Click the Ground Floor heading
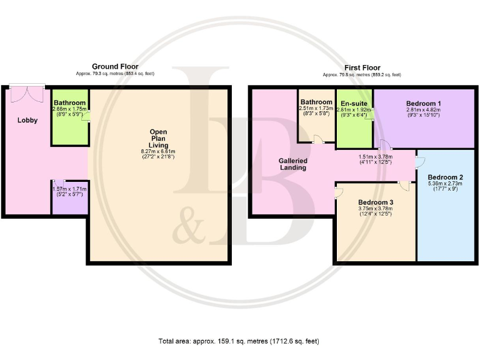coord(115,66)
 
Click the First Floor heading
coord(362,67)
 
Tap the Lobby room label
coord(27,121)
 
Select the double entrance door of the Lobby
coord(27,93)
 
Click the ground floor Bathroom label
coord(69,102)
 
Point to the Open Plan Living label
coord(158,138)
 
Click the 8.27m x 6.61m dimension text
coord(158,151)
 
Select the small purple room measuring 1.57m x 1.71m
coord(69,196)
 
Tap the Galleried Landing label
coord(292,164)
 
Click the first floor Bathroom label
coord(316,102)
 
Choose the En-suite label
coord(354,103)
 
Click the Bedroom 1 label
coord(423,103)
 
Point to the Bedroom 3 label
coord(376,202)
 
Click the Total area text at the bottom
coord(239,341)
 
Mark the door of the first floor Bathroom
coord(318,141)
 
